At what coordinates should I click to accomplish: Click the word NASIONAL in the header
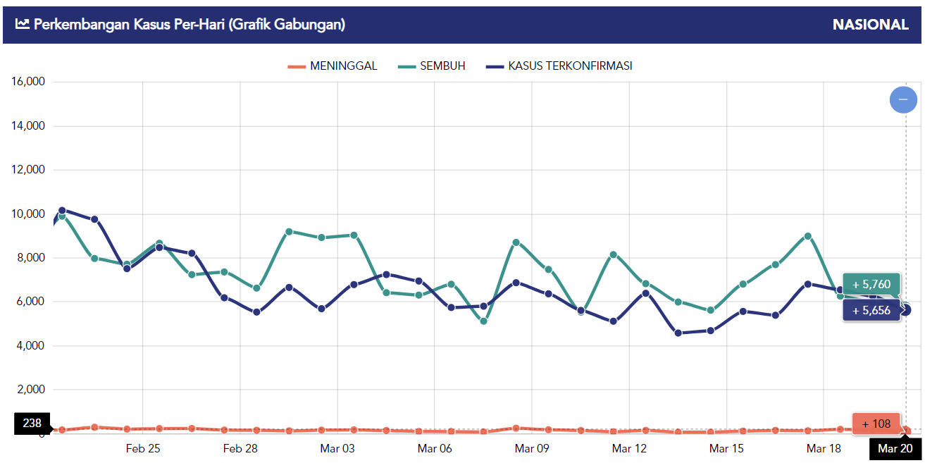click(x=870, y=25)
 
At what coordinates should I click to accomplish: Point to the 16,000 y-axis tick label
click(x=28, y=82)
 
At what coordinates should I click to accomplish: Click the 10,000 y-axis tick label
click(x=28, y=214)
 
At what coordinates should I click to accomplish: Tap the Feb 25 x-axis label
click(x=143, y=448)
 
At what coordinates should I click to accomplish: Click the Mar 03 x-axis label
click(x=337, y=448)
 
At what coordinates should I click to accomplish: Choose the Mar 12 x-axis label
click(x=629, y=448)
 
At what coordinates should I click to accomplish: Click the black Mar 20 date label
click(x=895, y=448)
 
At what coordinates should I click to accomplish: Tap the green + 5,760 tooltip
click(x=871, y=285)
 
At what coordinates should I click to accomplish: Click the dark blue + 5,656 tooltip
click(x=871, y=310)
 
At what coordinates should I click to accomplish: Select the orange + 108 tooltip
click(x=876, y=424)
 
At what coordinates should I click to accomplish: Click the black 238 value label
click(x=32, y=424)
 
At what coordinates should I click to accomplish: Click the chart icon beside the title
click(x=23, y=25)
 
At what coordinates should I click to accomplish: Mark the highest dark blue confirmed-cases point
click(x=62, y=210)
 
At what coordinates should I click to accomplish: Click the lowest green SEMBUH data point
click(x=483, y=321)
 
